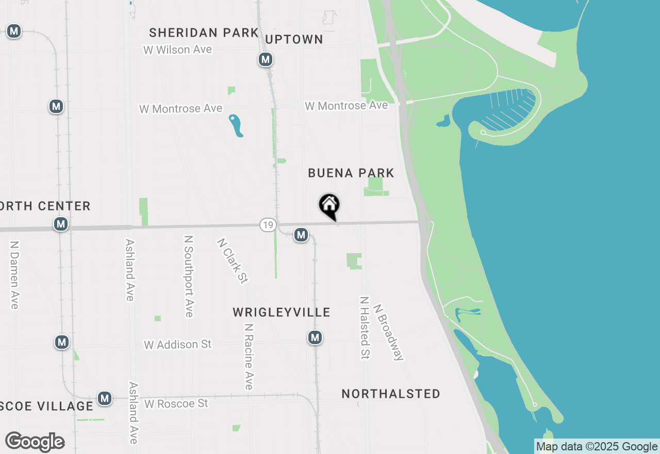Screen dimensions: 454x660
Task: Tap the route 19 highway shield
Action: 268,224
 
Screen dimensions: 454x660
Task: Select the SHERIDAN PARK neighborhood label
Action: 204,33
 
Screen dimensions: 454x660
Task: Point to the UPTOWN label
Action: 294,40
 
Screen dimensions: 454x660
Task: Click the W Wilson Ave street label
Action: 178,50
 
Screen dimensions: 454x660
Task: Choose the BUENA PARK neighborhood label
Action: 351,173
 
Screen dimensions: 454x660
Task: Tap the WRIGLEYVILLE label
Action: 281,312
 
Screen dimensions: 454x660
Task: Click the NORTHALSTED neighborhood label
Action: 391,394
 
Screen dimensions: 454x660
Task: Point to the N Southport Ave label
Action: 188,277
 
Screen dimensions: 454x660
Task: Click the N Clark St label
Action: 233,260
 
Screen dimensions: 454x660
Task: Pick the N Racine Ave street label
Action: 249,356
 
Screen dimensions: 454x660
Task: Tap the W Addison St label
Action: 178,344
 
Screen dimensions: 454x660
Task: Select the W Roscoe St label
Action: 176,403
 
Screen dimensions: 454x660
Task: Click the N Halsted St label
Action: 365,328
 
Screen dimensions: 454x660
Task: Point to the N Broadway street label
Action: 389,331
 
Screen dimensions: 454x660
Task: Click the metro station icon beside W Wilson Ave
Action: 266,60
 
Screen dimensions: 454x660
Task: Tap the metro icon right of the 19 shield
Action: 301,235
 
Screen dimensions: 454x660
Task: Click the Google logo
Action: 35,442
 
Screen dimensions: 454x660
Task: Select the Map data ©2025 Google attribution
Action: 597,447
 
